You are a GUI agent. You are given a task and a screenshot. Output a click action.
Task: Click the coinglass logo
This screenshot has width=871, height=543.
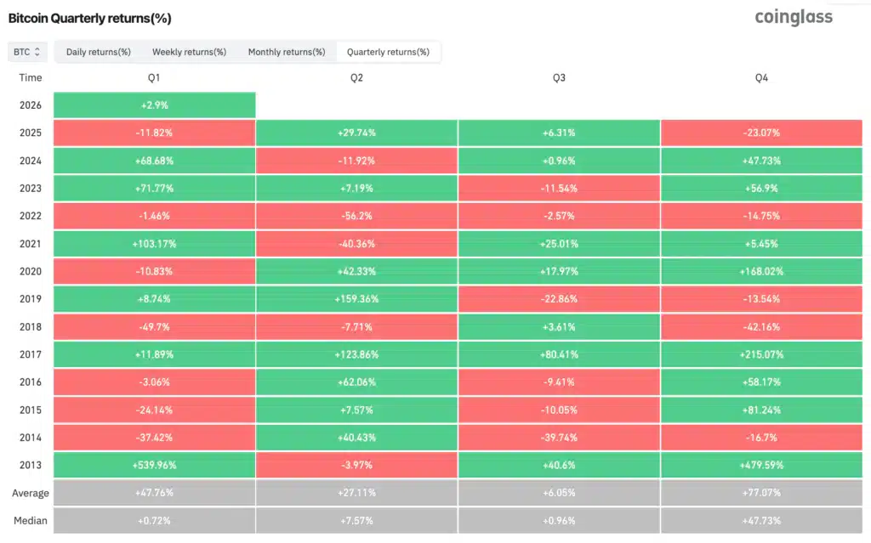click(x=793, y=17)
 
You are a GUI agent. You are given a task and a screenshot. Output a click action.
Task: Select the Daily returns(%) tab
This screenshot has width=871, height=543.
click(x=99, y=52)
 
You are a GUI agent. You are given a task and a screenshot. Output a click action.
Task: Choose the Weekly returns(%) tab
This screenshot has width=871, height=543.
click(x=189, y=52)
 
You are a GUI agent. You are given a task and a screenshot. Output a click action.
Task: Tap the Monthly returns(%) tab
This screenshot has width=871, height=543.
click(x=287, y=52)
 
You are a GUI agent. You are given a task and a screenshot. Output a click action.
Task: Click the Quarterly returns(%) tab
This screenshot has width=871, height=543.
click(x=388, y=52)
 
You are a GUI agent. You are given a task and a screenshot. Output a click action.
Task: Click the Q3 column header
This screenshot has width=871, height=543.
click(x=559, y=77)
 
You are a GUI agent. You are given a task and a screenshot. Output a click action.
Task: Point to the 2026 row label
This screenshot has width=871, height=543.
click(x=30, y=105)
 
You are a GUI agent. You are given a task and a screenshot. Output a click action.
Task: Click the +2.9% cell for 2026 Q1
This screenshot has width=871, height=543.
click(x=154, y=105)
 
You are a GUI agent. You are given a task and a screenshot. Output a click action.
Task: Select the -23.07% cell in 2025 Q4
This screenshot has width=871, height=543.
click(x=761, y=133)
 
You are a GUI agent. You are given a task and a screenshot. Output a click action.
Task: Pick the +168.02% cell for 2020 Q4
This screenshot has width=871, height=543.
click(x=761, y=271)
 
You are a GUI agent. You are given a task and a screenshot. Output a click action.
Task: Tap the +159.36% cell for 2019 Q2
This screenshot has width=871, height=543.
click(x=356, y=299)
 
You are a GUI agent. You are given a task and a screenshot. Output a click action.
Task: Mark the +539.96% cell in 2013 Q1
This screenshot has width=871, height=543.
click(x=154, y=465)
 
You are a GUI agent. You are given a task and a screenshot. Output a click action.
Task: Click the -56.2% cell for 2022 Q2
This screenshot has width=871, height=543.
click(x=356, y=216)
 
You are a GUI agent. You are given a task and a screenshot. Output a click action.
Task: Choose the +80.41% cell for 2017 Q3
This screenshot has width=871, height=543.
click(x=559, y=354)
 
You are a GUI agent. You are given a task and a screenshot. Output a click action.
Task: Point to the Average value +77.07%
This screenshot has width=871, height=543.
click(x=761, y=493)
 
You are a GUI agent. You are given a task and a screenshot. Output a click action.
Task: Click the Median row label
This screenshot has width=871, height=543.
click(x=30, y=520)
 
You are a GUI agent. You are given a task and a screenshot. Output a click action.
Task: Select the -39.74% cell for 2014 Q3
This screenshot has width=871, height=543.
click(x=559, y=437)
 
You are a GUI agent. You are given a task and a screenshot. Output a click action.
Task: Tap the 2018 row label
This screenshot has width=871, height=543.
click(x=30, y=326)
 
